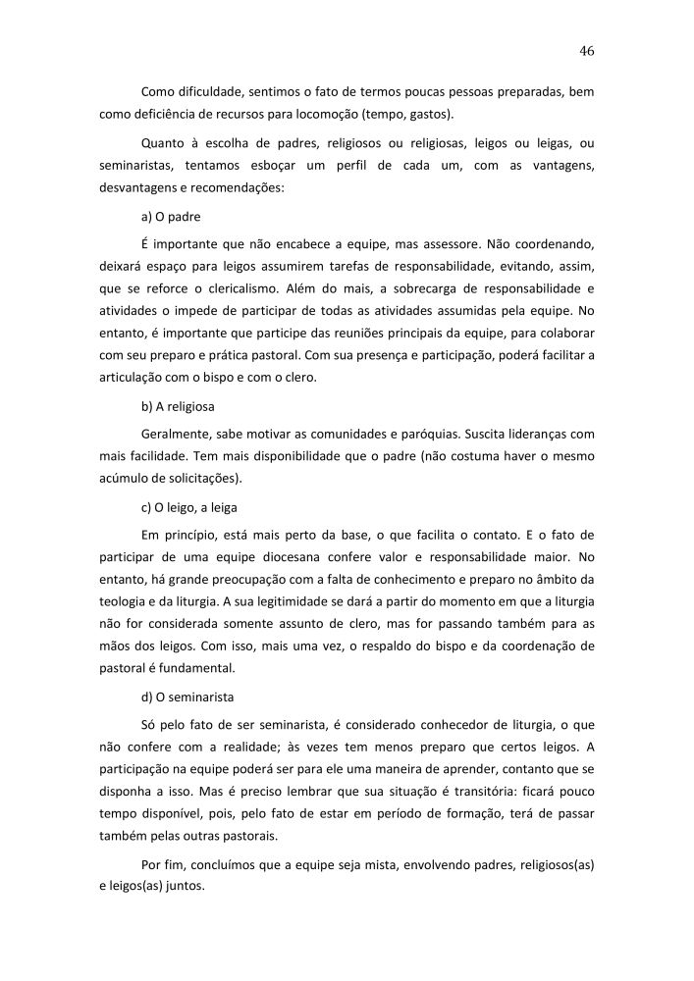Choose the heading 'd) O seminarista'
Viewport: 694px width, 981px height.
pos(187,697)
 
